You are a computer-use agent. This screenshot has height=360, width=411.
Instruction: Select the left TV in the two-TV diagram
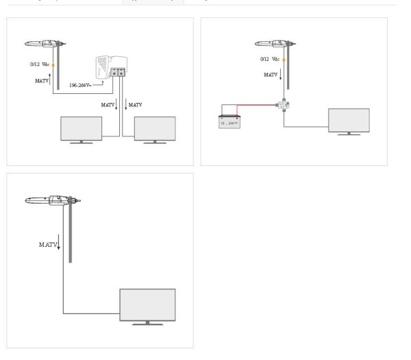pos(82,129)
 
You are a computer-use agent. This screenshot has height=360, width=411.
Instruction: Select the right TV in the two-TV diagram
pos(155,129)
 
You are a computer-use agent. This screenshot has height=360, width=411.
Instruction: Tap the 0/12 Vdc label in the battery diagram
pos(269,59)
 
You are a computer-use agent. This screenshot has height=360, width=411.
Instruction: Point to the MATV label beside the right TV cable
pos(135,105)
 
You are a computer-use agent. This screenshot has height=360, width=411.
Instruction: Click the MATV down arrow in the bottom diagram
pos(60,244)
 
